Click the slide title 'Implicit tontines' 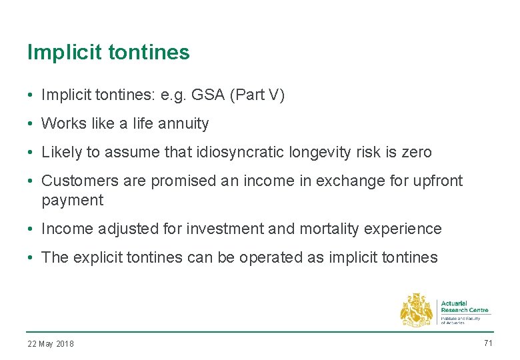108,53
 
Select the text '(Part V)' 257,95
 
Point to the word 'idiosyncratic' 239,153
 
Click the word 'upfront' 437,181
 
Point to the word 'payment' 72,200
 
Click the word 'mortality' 325,229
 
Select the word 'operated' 272,257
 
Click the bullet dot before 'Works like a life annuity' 31,124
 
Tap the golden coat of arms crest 416,310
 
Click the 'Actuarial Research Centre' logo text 465,307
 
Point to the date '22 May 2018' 51,344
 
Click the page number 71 487,343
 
